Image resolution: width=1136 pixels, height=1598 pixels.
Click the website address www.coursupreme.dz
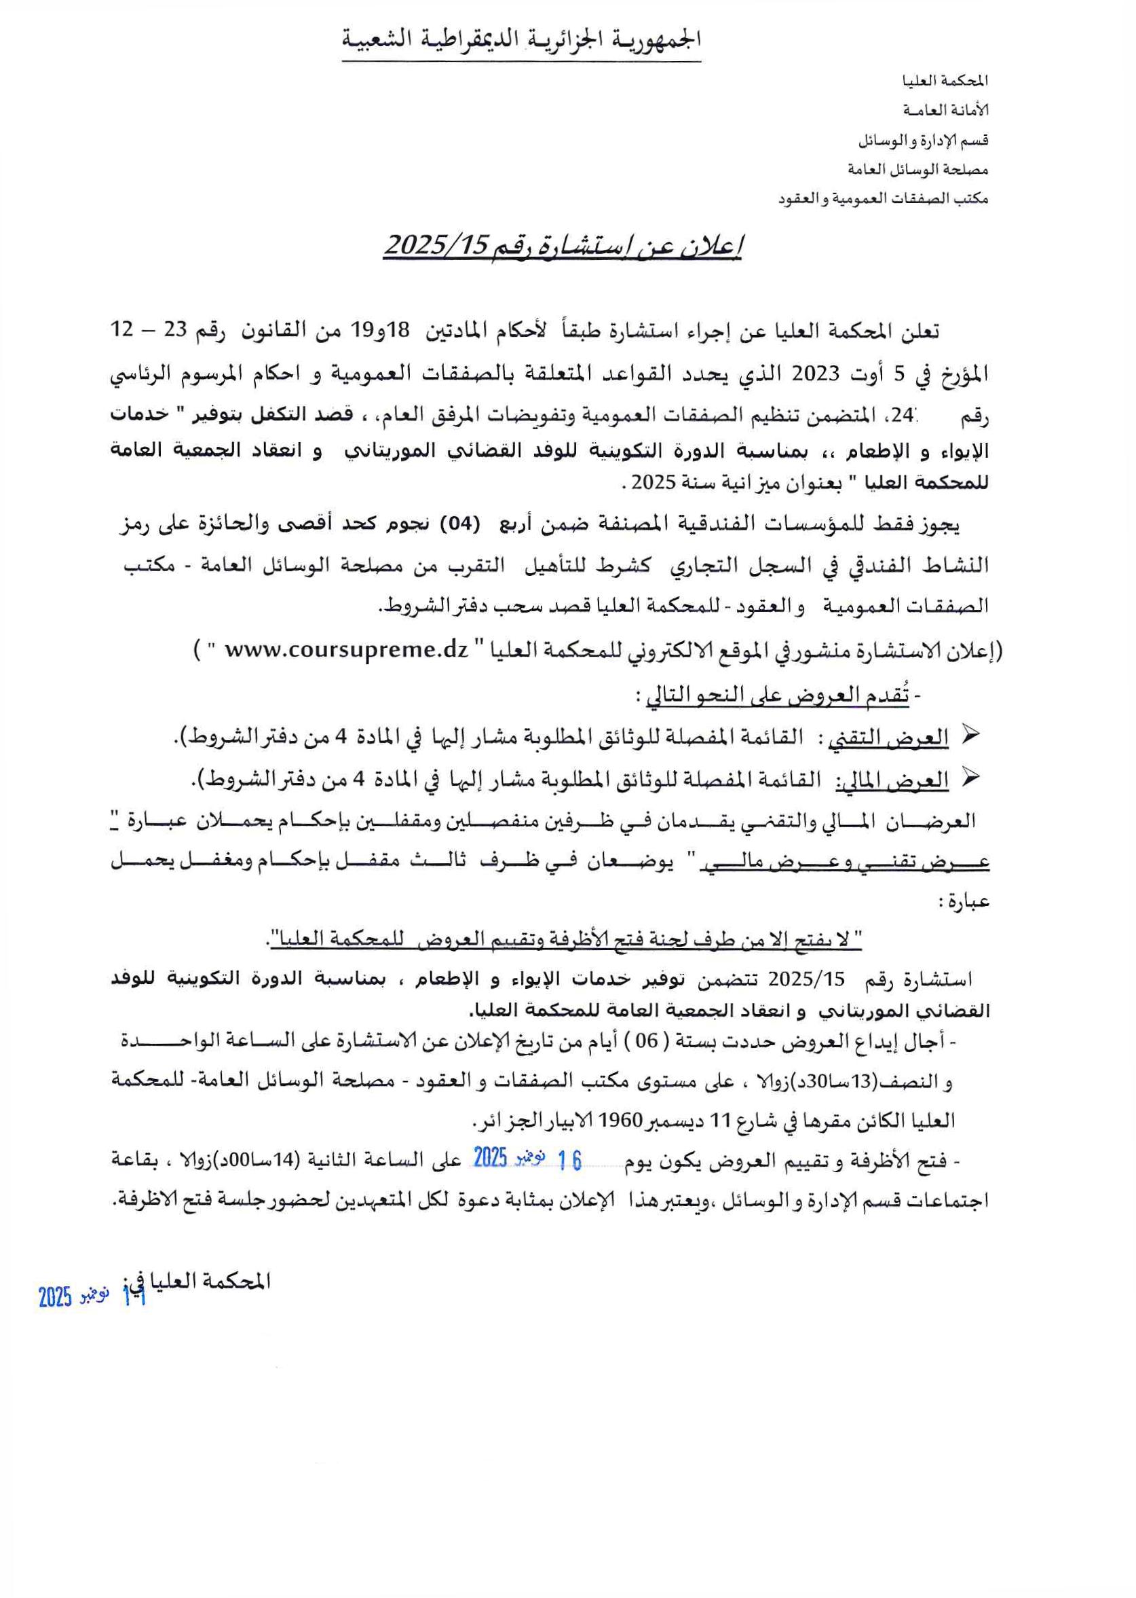[x=345, y=649]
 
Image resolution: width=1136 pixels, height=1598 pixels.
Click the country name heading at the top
[x=521, y=40]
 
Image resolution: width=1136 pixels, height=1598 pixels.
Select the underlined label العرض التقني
[x=888, y=737]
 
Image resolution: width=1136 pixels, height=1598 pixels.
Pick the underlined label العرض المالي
[x=892, y=780]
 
